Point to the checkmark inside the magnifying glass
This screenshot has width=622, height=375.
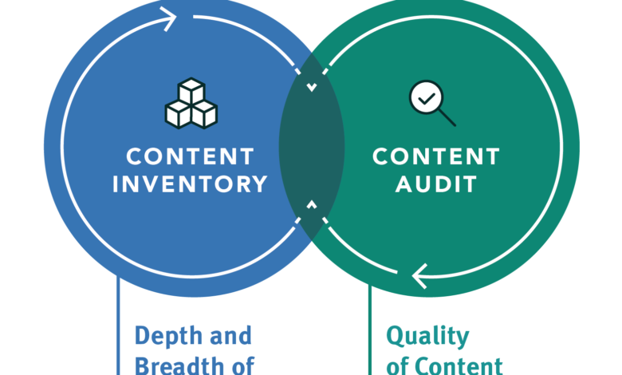click(x=426, y=98)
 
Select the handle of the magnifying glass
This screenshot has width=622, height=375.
click(x=447, y=118)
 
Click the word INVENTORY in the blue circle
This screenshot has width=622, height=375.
click(x=190, y=184)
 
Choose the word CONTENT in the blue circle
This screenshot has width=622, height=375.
click(x=190, y=156)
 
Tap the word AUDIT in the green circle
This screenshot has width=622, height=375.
click(x=435, y=184)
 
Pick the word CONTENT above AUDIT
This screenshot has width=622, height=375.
click(x=435, y=156)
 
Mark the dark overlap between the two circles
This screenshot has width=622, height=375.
click(x=311, y=148)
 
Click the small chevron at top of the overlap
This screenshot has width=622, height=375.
click(x=311, y=86)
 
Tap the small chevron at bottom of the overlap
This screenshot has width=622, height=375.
click(x=311, y=207)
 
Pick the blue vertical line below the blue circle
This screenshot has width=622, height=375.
click(x=119, y=327)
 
